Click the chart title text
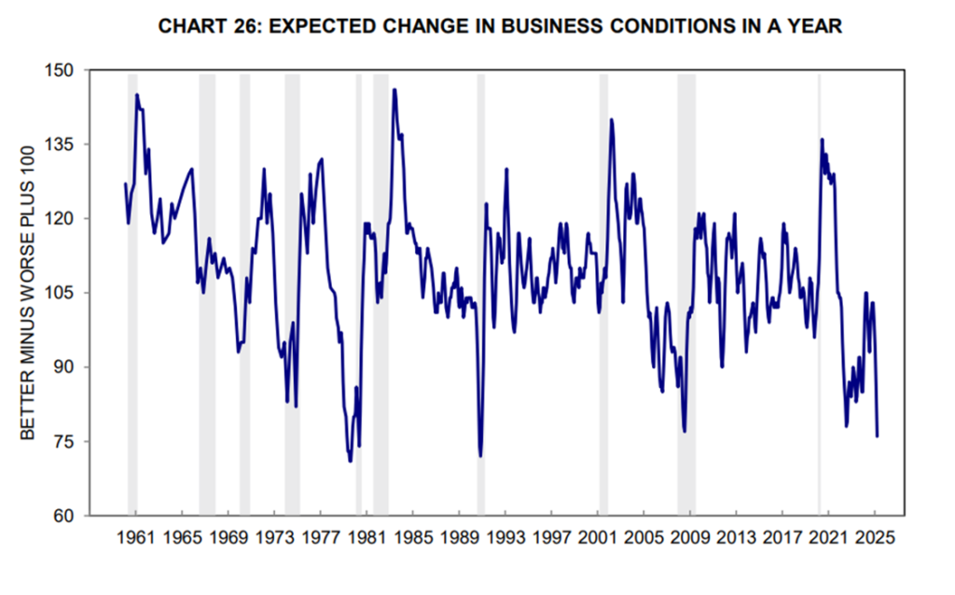point(500,26)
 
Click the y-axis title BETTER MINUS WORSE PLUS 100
point(28,292)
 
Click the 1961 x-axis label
point(136,538)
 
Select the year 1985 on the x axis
point(412,538)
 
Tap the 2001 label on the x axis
point(598,538)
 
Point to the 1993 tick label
point(505,538)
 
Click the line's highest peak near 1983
point(394,90)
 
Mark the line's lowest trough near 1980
point(351,461)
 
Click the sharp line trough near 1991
point(480,456)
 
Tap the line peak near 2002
point(612,119)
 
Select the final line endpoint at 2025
point(878,436)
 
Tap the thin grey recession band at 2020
point(820,280)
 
